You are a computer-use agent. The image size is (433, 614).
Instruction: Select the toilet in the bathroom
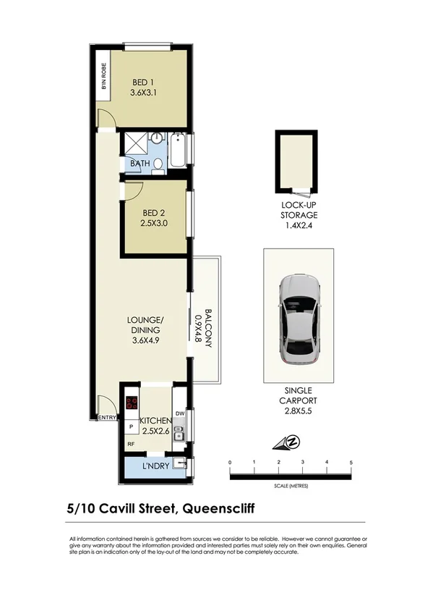[158, 164]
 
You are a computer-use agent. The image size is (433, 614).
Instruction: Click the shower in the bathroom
[134, 143]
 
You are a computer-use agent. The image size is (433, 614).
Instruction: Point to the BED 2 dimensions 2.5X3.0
[155, 224]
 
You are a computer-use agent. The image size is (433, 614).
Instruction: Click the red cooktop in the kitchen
[132, 405]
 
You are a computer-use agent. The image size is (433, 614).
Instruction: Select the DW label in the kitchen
[180, 413]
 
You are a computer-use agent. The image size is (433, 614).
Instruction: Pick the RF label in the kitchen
[131, 444]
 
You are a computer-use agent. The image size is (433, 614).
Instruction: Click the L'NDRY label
[155, 466]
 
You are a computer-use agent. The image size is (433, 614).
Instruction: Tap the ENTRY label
[106, 417]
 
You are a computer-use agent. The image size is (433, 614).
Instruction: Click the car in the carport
[299, 319]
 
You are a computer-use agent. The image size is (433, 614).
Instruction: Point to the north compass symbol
[293, 441]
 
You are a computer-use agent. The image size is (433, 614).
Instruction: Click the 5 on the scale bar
[351, 461]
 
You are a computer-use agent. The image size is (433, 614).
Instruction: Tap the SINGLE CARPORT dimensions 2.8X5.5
[299, 411]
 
